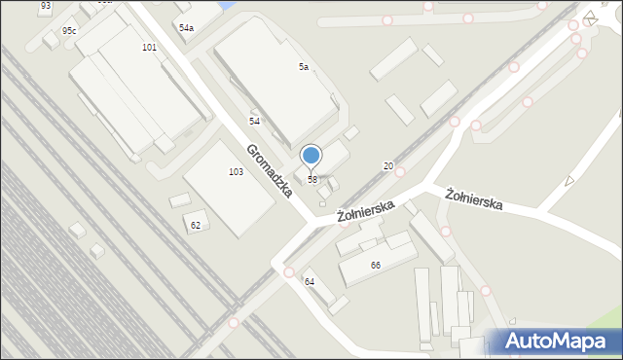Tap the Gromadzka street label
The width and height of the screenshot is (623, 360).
coord(270,170)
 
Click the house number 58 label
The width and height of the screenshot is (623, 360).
coord(312,180)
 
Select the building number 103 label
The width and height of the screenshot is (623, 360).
coord(236,171)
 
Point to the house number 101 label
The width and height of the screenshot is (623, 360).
coord(149,47)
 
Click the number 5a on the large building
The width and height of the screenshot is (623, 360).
coord(304,66)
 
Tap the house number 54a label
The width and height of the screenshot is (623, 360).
coord(186,28)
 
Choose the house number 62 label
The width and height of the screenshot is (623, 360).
coord(196,225)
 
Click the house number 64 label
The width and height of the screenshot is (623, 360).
coord(310,281)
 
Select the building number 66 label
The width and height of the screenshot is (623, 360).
coord(375,265)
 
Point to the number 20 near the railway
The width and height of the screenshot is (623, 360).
coord(387,166)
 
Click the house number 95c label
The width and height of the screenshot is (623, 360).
coord(69,31)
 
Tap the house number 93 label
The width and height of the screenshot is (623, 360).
coord(46,6)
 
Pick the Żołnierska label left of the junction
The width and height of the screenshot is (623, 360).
coord(365,207)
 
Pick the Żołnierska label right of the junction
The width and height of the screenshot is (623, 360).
coord(474,198)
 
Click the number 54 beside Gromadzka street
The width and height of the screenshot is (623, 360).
coord(254,121)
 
